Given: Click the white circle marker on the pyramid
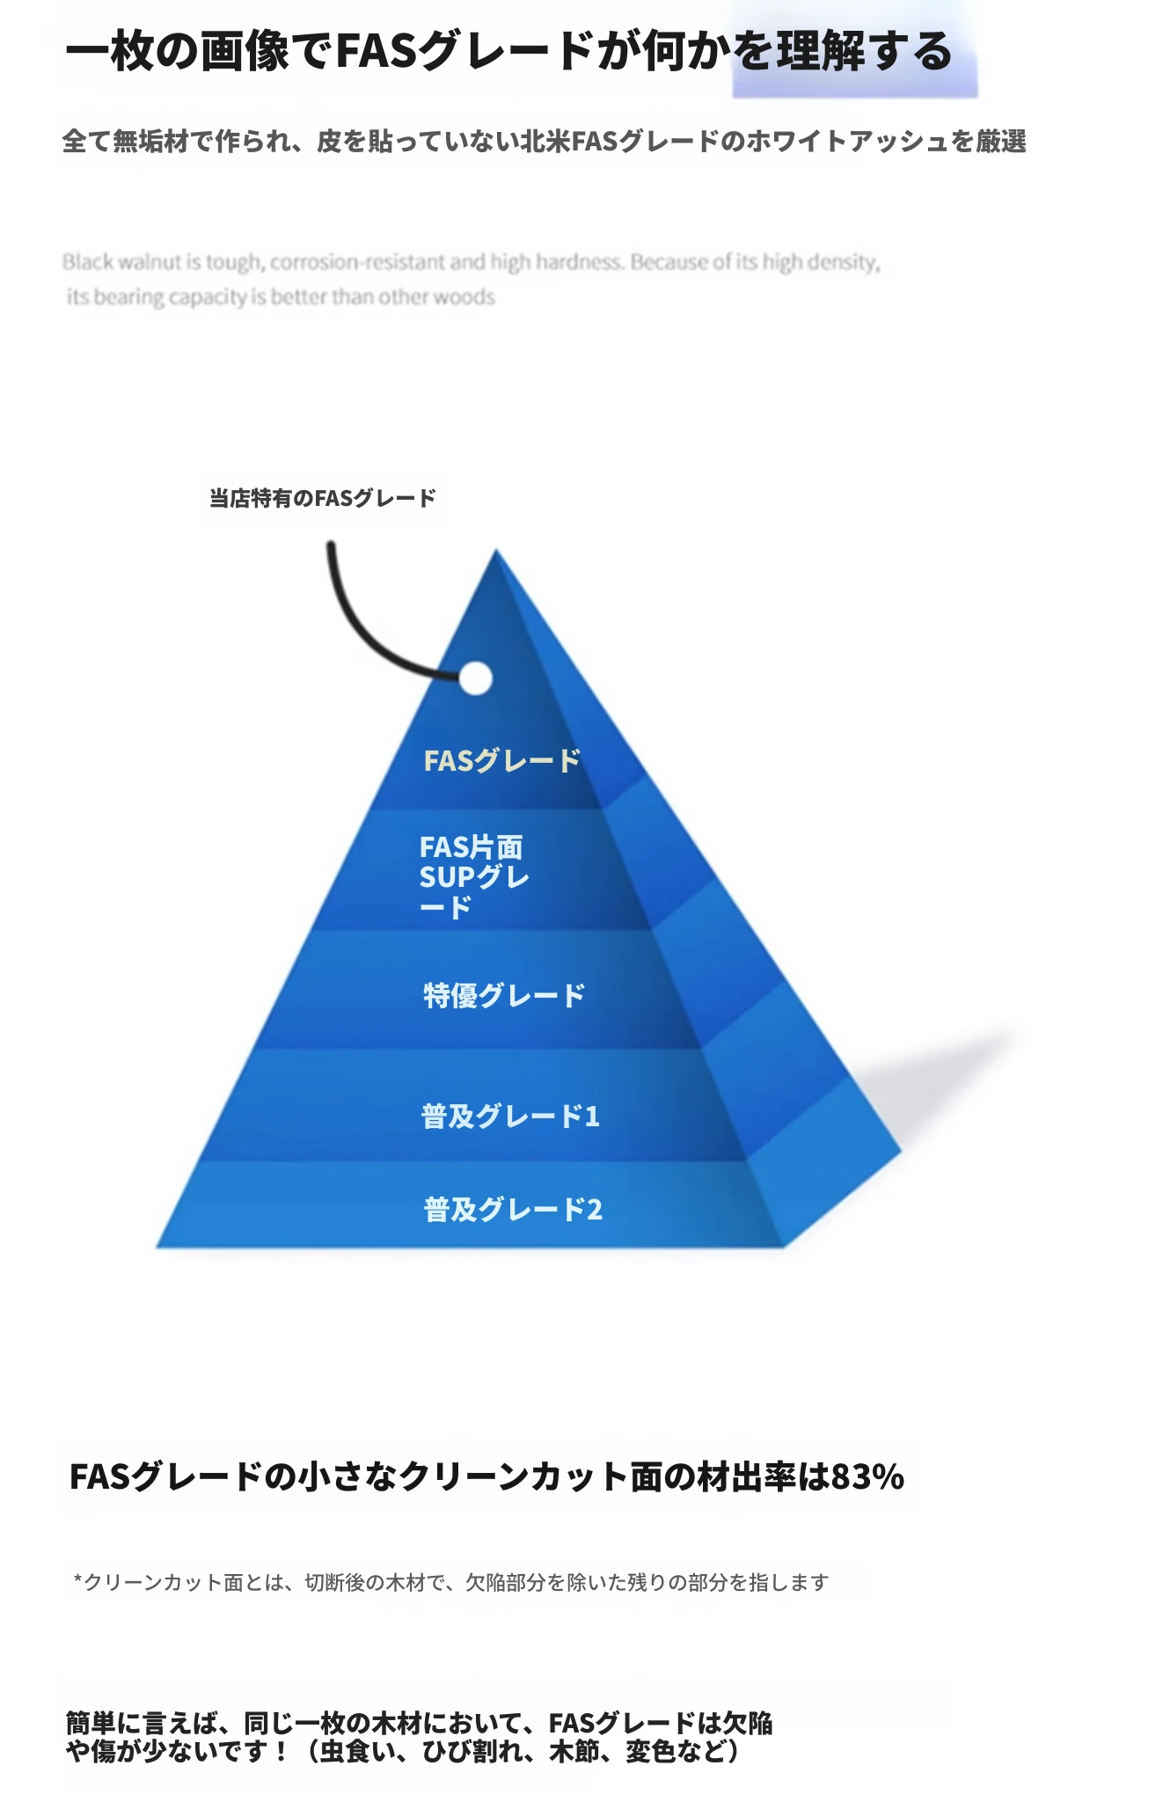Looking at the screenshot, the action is coord(475,678).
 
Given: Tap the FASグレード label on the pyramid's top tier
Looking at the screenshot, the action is coord(502,760).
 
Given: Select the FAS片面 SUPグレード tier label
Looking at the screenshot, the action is coord(474,876).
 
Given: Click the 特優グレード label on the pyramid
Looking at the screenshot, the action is coord(504,995).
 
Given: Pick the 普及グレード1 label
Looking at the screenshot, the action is coord(510,1116).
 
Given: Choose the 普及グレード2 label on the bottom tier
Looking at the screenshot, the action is coord(513,1209).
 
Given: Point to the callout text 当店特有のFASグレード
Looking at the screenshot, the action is coord(323,498).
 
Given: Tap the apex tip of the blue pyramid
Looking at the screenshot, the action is coord(496,550).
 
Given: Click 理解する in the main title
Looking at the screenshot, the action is coord(865,51).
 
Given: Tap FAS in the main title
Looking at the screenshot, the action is coord(377,51).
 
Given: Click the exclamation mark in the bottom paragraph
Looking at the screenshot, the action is coord(281,1752).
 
